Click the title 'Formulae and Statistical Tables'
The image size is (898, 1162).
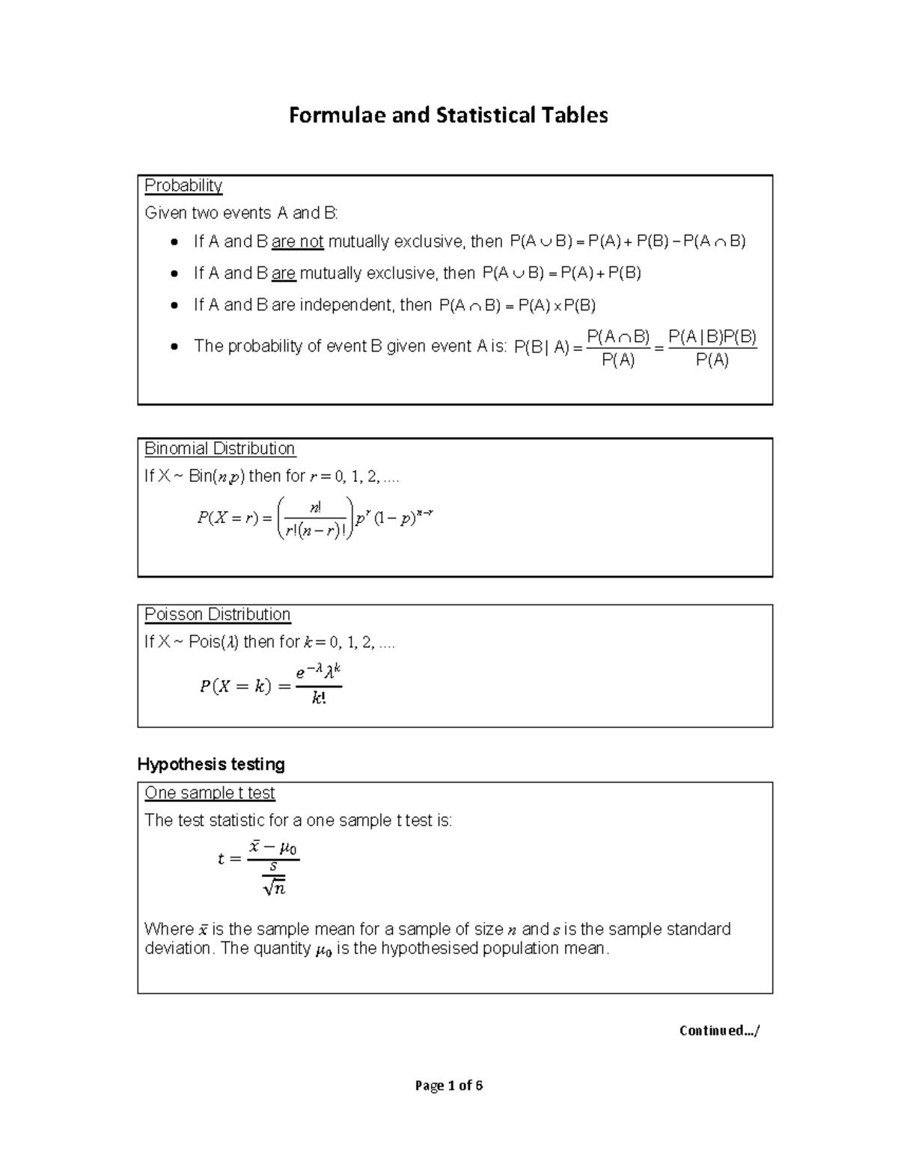coord(448,115)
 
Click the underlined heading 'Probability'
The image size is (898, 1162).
coord(183,186)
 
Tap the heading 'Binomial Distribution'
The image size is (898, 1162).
coord(219,449)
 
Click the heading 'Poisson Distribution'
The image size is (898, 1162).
coord(217,614)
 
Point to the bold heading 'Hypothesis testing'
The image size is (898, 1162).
coord(211,764)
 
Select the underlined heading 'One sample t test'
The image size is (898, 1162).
coord(210,793)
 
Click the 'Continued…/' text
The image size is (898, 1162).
coord(718,1030)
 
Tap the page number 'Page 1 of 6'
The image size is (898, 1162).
coord(449,1086)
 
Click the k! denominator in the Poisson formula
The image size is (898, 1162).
coord(318,699)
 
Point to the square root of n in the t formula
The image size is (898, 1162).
coord(275,888)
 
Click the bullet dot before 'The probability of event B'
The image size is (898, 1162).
coord(174,346)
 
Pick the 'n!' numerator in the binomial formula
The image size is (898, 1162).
coord(315,507)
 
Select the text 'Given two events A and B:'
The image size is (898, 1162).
coord(241,213)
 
